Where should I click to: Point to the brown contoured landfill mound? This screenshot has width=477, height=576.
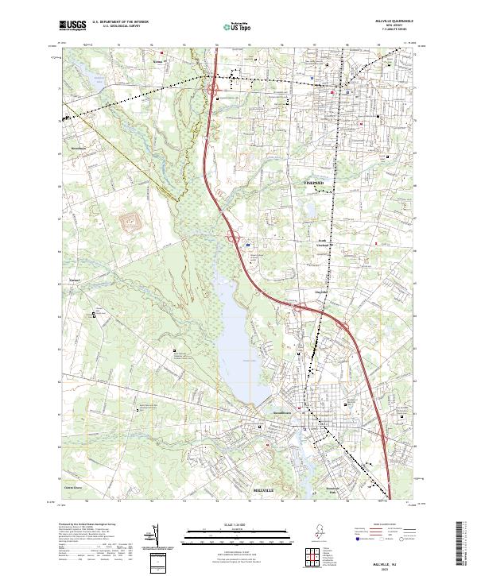[129, 220]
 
